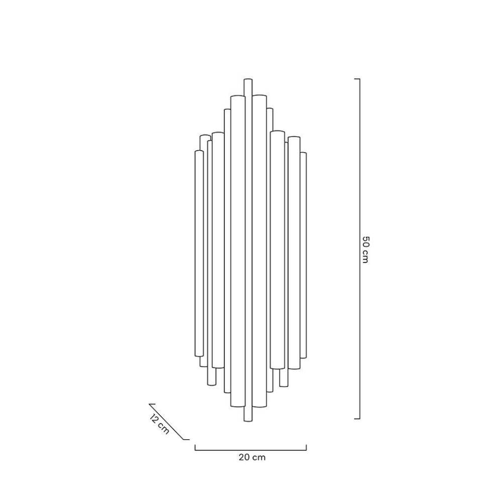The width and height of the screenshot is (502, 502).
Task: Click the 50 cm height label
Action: pos(365,249)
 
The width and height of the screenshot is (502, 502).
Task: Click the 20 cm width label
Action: pos(252,457)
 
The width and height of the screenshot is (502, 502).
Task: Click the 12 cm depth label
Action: pos(160,425)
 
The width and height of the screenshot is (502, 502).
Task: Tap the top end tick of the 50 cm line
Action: pos(357,79)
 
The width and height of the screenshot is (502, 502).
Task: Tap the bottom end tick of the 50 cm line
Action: pos(357,418)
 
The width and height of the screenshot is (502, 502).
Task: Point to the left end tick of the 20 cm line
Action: pos(195,447)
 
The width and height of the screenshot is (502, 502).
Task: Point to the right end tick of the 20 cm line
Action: pos(307,447)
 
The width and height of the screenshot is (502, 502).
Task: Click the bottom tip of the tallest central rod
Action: pos(247,421)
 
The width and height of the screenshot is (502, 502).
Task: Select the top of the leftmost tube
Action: pos(199,151)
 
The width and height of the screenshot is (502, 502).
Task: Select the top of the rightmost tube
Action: pos(303,153)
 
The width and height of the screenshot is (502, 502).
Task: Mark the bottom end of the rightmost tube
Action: pos(303,357)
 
